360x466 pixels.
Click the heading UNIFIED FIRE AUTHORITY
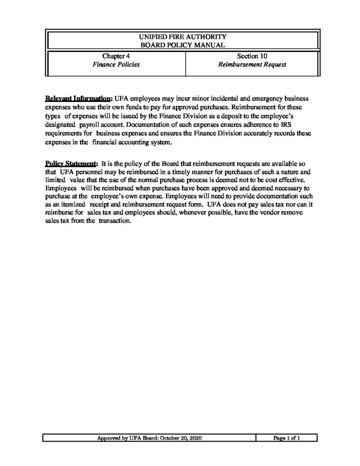point(184,35)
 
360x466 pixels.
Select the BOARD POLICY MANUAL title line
point(184,44)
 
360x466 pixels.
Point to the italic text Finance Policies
point(116,65)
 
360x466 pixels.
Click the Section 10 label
point(252,56)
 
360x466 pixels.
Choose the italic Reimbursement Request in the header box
point(252,65)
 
